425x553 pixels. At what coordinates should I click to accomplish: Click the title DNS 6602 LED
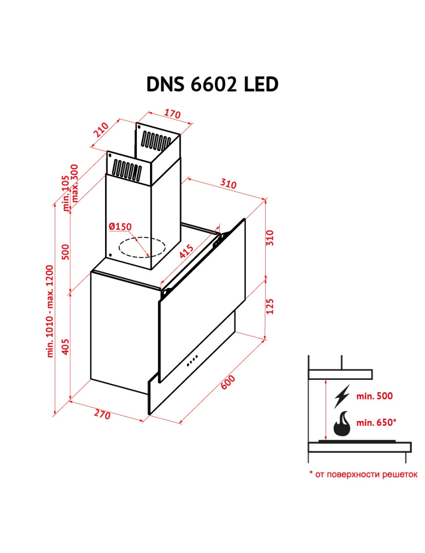point(212,85)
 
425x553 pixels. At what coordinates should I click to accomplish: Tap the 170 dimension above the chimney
point(172,113)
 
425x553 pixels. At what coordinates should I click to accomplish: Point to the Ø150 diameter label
point(120,226)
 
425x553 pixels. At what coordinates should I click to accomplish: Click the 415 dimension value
point(186,251)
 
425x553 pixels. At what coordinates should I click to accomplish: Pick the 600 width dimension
point(228,382)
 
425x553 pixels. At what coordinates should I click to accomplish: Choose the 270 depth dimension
point(102,415)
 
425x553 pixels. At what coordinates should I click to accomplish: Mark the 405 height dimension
point(65,346)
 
